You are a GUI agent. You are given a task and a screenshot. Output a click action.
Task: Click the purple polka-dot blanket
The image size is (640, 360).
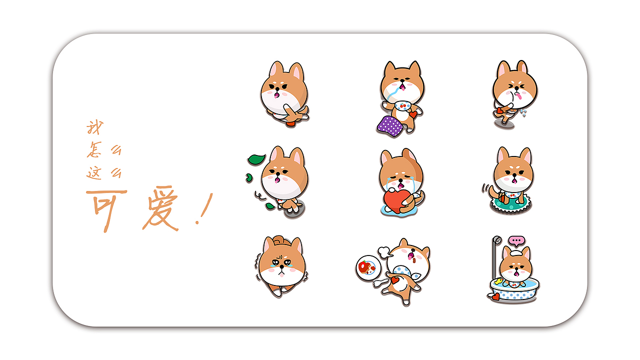click(x=390, y=125)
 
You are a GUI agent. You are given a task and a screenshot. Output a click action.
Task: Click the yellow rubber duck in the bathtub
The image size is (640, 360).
click(x=498, y=282)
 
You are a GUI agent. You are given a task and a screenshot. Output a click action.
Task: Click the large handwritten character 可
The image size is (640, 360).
click(x=106, y=209)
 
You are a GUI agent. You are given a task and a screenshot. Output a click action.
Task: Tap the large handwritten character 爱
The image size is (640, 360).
click(x=159, y=209)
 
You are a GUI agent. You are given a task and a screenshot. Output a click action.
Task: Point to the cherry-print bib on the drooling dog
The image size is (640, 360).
click(x=403, y=105)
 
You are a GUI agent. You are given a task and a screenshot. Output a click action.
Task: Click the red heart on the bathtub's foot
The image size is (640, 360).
click(x=494, y=297)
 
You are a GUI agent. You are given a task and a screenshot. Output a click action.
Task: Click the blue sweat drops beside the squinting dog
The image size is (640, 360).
click(x=524, y=113)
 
